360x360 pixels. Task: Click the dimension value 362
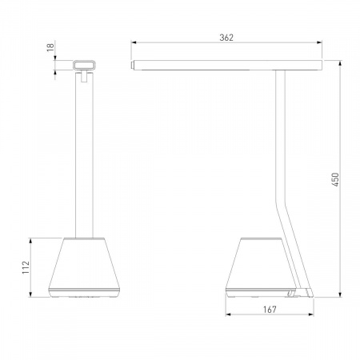(x=226, y=38)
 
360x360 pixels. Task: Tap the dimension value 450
(x=335, y=179)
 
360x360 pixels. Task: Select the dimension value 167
(x=270, y=310)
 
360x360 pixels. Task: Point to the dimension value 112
(x=26, y=267)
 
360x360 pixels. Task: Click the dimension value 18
(x=50, y=47)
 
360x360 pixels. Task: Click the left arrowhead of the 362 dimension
(x=134, y=42)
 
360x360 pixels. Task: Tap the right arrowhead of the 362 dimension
(x=319, y=42)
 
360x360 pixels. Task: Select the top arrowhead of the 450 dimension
(x=340, y=63)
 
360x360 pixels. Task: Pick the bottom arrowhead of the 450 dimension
(x=340, y=294)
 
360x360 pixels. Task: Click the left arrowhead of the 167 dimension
(x=228, y=314)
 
